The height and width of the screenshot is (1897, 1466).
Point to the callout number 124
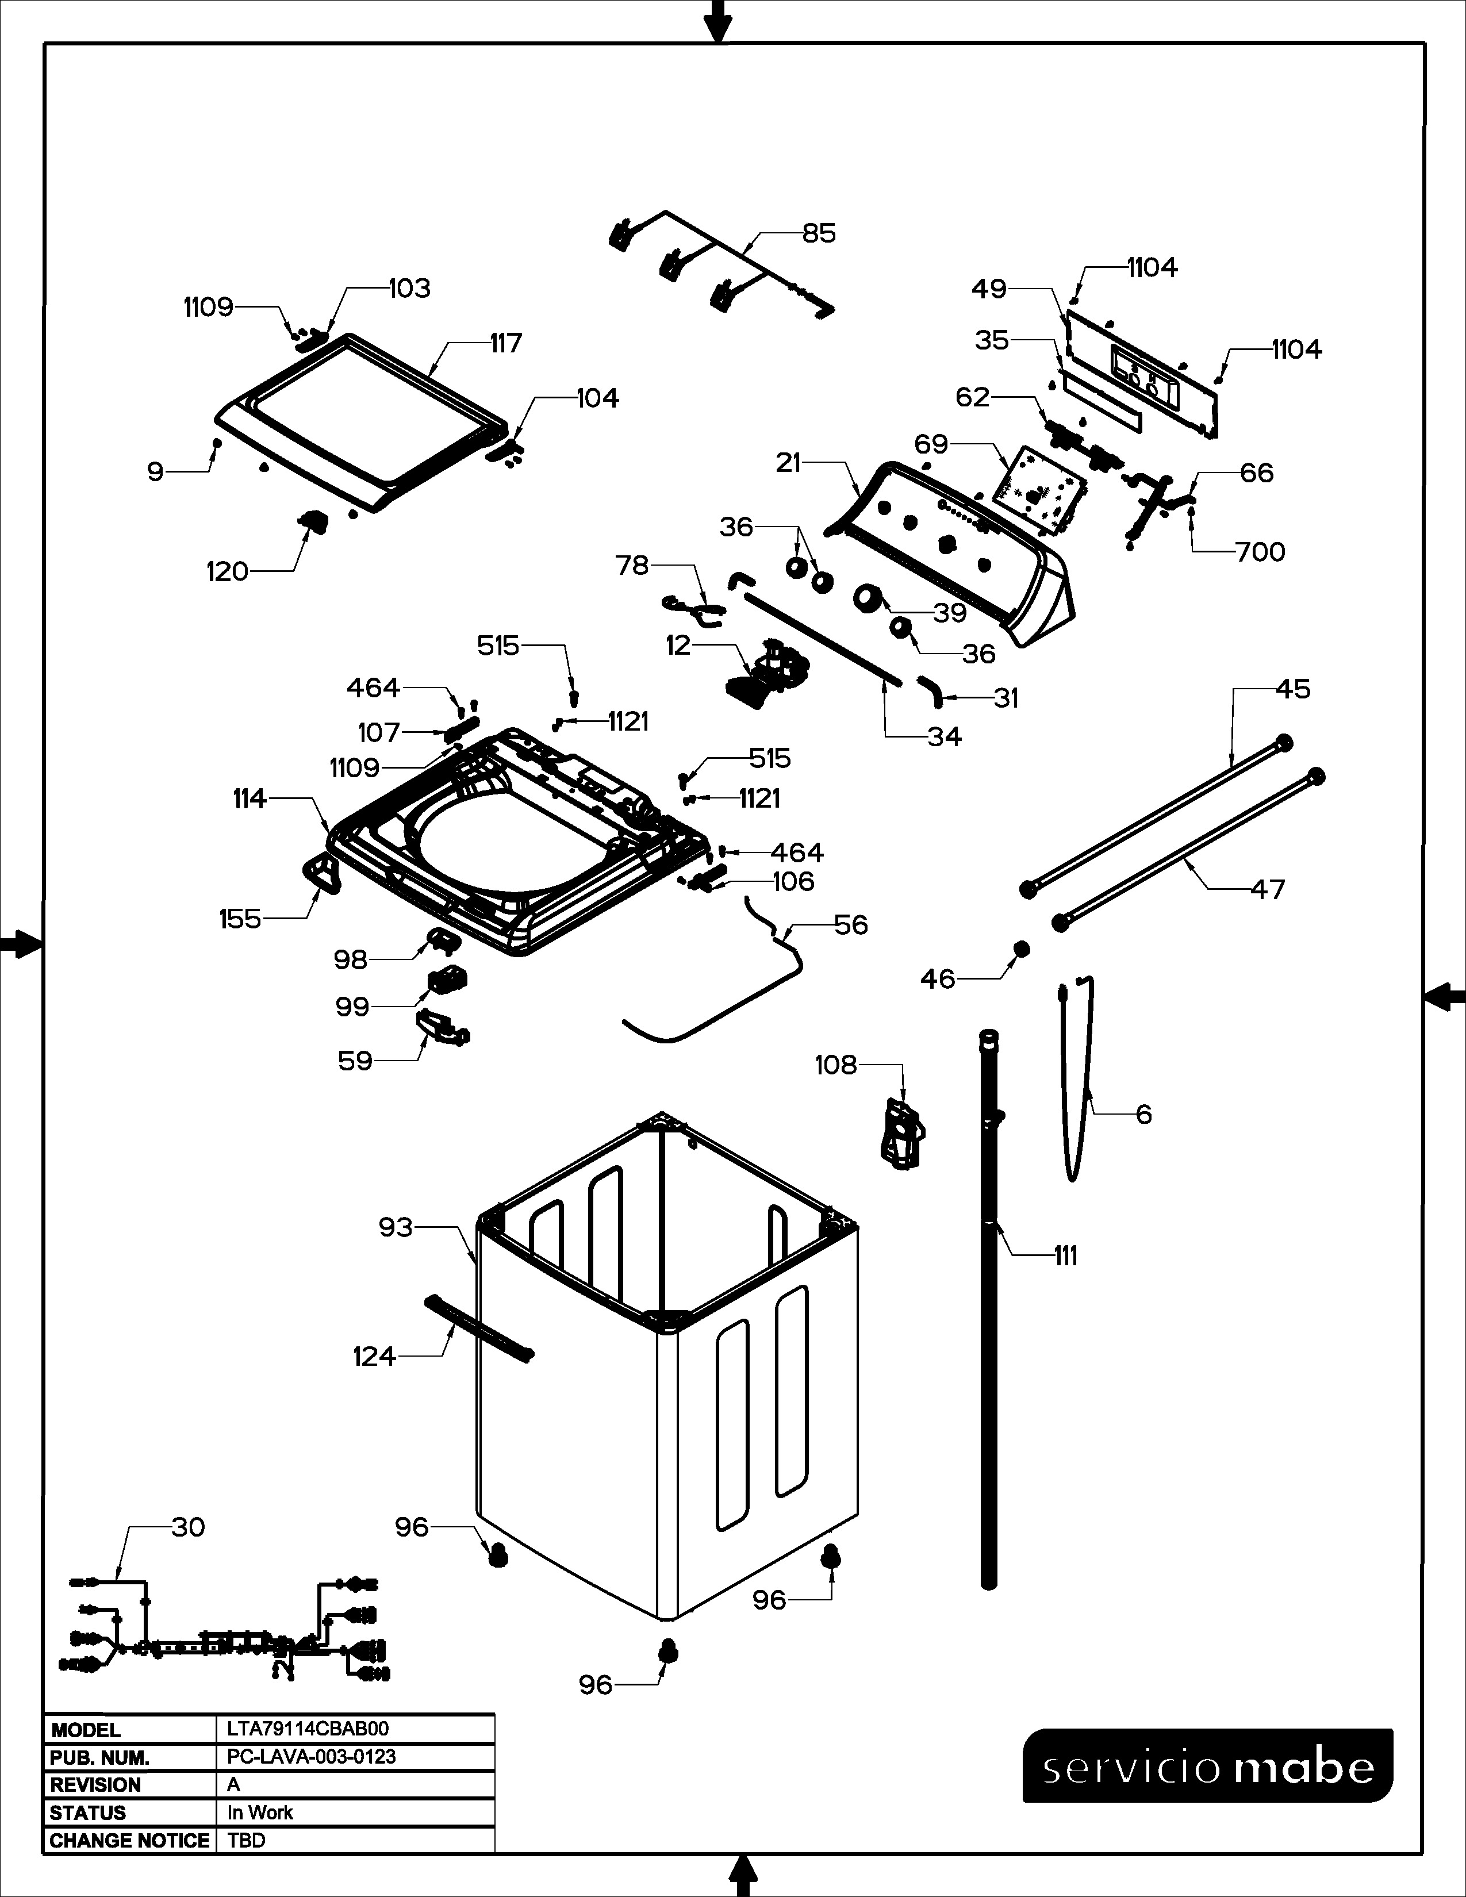[x=374, y=1356]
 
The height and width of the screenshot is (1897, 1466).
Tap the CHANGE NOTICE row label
[x=129, y=1841]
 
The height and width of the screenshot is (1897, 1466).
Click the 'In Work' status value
[x=260, y=1812]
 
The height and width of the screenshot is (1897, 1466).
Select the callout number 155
[x=240, y=919]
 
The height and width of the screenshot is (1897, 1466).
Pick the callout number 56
[x=850, y=925]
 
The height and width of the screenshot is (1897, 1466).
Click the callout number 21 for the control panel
[x=788, y=463]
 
